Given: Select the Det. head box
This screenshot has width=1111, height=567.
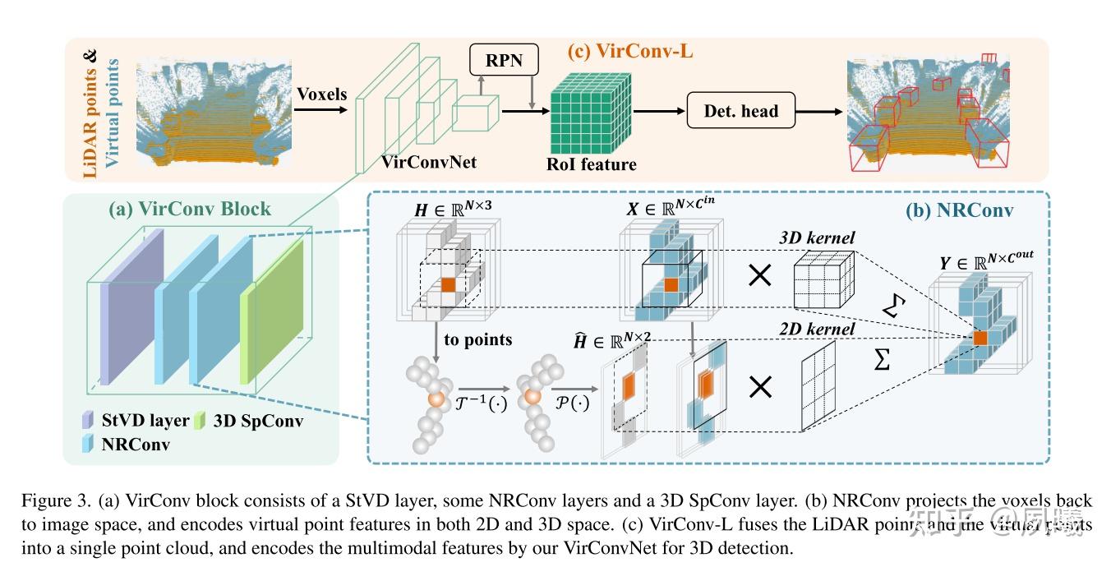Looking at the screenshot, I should point(741,110).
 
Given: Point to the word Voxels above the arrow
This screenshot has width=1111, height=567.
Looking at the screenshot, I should point(321,94).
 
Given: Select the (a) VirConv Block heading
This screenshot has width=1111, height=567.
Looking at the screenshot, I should point(190,209).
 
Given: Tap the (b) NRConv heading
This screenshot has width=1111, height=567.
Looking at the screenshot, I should point(959,210).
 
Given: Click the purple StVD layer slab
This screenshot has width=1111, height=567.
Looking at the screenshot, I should point(133,304).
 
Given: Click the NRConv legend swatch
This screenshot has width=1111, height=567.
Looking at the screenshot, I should point(88,444).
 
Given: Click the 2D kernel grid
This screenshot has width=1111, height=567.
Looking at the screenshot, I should point(818,386).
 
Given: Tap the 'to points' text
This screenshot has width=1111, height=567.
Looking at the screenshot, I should point(478,339).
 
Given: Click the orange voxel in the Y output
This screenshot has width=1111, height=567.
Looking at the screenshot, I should point(980,337).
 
